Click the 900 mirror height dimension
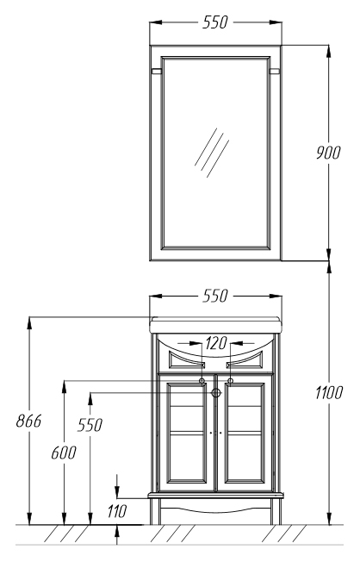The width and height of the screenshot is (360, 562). coord(328,153)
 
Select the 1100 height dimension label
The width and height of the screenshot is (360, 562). coord(329,392)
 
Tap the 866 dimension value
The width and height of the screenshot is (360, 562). coord(28,421)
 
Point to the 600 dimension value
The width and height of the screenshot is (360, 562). coord(64,453)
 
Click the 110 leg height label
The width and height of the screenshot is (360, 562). coord(117,511)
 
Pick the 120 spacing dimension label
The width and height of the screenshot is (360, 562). coord(216,343)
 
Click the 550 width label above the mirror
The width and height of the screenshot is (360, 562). coord(215,22)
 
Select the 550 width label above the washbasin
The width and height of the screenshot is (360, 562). coord(215,296)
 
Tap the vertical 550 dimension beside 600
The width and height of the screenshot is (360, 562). coord(90,425)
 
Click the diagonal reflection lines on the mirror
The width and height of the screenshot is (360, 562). coord(212,153)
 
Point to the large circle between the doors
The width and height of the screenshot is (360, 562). coord(215,393)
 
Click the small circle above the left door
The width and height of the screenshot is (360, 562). coord(202,381)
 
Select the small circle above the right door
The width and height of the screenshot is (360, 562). coord(230,381)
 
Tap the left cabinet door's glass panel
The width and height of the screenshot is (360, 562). coord(187,433)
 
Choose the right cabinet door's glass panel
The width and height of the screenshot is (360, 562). coord(245,433)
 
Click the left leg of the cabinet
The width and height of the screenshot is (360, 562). coord(155,511)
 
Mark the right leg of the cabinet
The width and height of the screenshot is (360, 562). coord(276,511)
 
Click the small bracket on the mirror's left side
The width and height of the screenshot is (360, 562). coord(157,71)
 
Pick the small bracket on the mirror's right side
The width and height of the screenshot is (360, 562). coord(275,71)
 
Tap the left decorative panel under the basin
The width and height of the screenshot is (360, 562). coord(187,359)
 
